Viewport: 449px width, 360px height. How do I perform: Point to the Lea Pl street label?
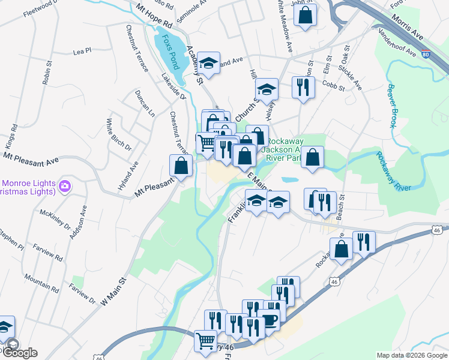click(x=81, y=52)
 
